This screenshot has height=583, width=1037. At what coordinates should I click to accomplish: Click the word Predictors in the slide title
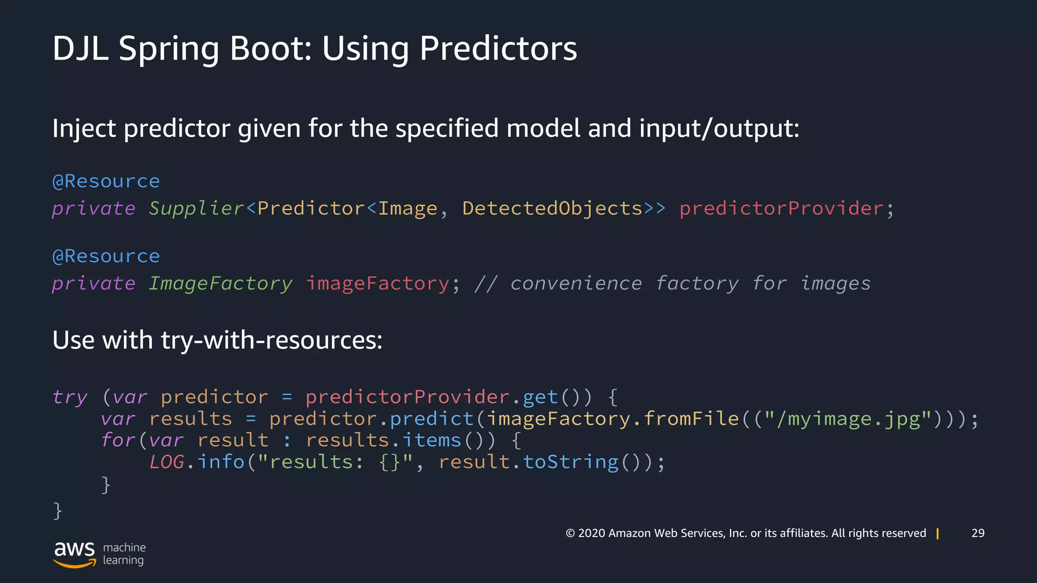pyautogui.click(x=498, y=49)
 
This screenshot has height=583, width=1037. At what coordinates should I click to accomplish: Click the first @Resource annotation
pyautogui.click(x=106, y=181)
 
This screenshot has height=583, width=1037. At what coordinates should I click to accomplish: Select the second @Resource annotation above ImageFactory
pyautogui.click(x=106, y=256)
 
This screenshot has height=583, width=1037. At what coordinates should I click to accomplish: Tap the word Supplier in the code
pyautogui.click(x=196, y=209)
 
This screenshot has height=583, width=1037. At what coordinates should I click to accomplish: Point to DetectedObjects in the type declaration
pyautogui.click(x=552, y=209)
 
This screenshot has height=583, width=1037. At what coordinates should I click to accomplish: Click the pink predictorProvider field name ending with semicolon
pyautogui.click(x=781, y=209)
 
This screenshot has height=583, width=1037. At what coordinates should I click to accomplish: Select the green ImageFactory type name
pyautogui.click(x=220, y=283)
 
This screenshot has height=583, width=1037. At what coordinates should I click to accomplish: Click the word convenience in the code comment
pyautogui.click(x=576, y=283)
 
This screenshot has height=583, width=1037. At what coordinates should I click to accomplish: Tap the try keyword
pyautogui.click(x=70, y=397)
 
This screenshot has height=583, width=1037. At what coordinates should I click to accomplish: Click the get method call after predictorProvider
pyautogui.click(x=540, y=397)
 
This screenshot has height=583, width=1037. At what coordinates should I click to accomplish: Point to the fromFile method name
pyautogui.click(x=691, y=419)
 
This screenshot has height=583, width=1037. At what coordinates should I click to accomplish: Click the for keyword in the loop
pyautogui.click(x=118, y=440)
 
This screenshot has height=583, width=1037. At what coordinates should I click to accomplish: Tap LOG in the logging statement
pyautogui.click(x=167, y=462)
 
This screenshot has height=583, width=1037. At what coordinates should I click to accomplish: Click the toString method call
pyautogui.click(x=571, y=462)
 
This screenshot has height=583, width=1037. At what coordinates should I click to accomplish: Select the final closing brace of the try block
pyautogui.click(x=57, y=510)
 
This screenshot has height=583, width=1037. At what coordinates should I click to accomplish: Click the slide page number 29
pyautogui.click(x=978, y=533)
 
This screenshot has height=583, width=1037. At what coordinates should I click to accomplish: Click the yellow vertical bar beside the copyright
pyautogui.click(x=938, y=533)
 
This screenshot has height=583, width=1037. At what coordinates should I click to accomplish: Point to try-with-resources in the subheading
pyautogui.click(x=271, y=340)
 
